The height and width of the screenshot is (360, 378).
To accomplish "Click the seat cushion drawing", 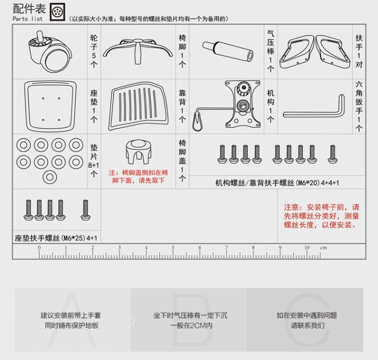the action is coord(50,104).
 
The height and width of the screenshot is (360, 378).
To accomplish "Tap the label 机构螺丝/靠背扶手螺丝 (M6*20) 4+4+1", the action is coord(277,182).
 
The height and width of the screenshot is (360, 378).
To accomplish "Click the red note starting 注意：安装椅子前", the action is coord(322,216).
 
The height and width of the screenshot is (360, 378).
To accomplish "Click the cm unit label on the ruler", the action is coord(323,248).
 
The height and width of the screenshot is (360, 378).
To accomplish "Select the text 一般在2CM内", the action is coord(191,326).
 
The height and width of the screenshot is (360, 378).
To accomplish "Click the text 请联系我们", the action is coord(307,326).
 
